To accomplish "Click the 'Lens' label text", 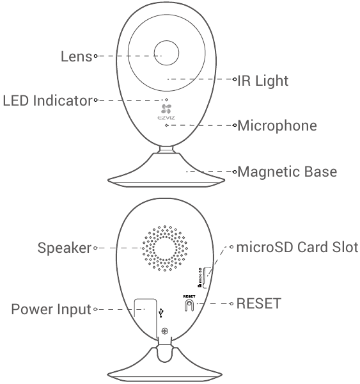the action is [76, 56].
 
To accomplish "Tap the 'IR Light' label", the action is [263, 81].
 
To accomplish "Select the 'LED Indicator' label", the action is [48, 100].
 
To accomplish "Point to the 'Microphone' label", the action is [277, 125].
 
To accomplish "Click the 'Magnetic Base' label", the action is [287, 172].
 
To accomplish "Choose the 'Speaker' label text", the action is [65, 248].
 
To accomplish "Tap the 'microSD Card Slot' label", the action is [297, 247].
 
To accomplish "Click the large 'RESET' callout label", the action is [259, 303].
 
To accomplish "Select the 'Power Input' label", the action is [51, 309].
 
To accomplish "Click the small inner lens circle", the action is [166, 53].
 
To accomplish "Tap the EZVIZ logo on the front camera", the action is [166, 111].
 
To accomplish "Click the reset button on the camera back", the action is [189, 305].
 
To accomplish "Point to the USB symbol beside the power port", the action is [160, 313].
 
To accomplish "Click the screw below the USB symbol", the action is [165, 332].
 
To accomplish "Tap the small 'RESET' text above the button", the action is [189, 296].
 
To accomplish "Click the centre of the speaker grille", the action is [165, 248].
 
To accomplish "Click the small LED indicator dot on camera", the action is [166, 100].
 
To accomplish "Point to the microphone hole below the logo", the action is [166, 125].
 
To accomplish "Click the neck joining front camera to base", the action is [166, 150].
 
